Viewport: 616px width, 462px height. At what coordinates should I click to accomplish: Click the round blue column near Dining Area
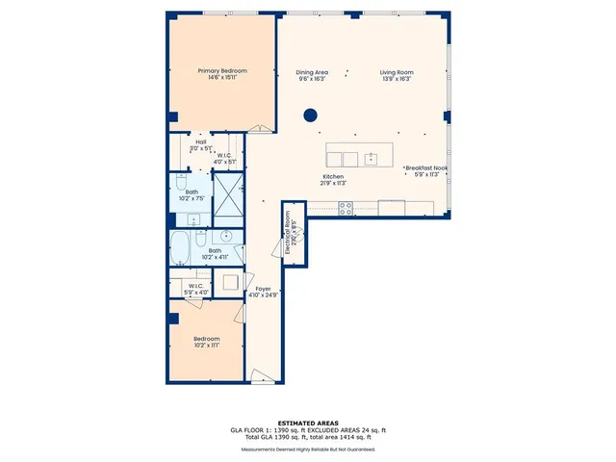pos(311,115)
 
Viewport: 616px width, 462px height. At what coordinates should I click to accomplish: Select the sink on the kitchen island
pos(370,157)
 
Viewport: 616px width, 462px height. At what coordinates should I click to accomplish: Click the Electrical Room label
pos(293,233)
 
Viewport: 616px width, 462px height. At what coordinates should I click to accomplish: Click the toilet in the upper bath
pos(180,182)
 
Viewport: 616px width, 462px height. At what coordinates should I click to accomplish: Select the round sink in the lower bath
pos(227,235)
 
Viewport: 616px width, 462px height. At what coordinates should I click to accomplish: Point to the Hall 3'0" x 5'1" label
pos(200,145)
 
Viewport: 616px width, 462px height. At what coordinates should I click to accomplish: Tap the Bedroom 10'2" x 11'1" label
pos(206,342)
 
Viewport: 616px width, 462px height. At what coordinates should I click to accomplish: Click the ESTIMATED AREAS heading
pos(308,423)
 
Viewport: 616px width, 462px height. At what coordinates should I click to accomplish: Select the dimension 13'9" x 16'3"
pos(396,79)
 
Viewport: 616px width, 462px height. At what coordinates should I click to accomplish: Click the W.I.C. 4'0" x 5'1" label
pos(223,159)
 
